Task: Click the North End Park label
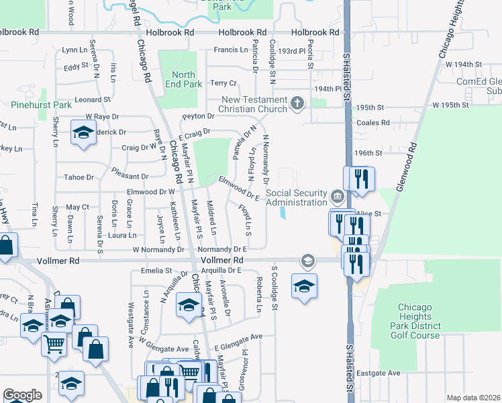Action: (183, 79)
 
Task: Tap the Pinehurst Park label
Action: (41, 105)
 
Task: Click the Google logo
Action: (22, 394)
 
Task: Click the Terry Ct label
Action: (223, 83)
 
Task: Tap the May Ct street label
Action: (78, 208)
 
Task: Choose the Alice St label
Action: (369, 213)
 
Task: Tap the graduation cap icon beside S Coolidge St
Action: (304, 285)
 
